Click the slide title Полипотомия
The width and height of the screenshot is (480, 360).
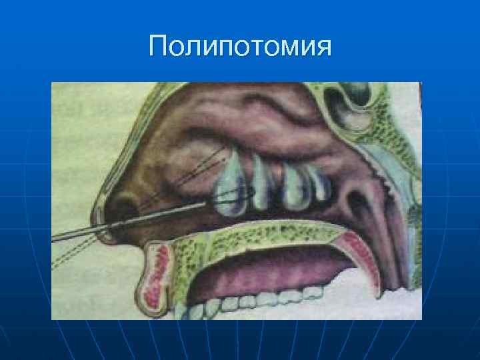pyautogui.click(x=240, y=47)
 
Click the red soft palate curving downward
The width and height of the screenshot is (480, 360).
pyautogui.click(x=370, y=260)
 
